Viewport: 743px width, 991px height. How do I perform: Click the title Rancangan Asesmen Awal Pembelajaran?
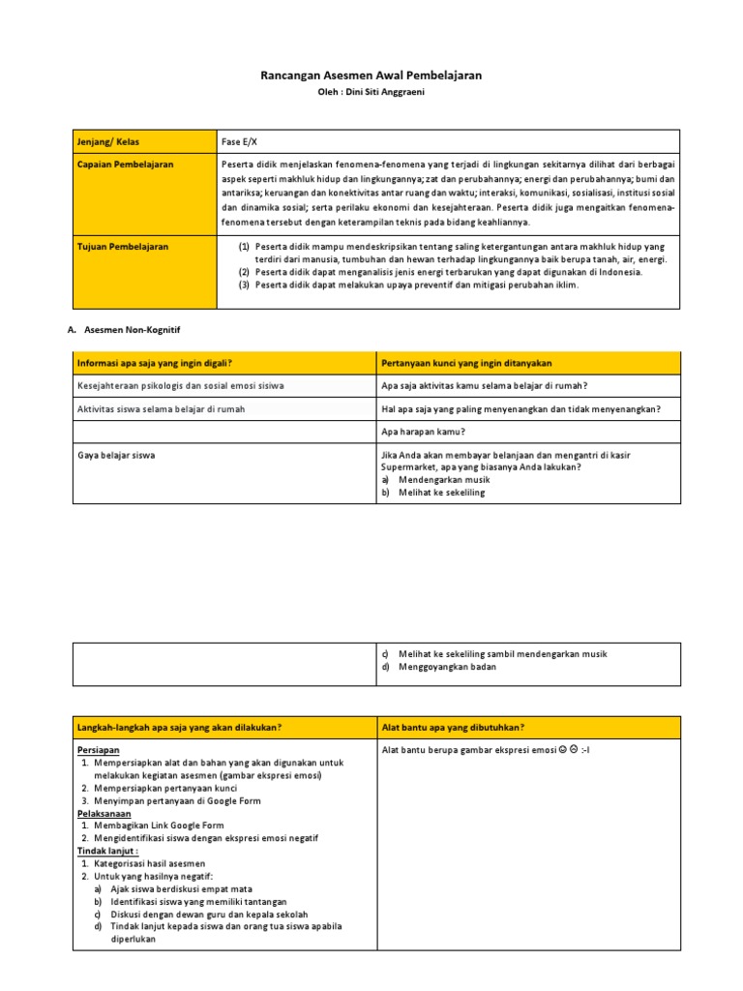pyautogui.click(x=371, y=75)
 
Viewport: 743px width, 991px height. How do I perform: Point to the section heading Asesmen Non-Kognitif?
pyautogui.click(x=134, y=330)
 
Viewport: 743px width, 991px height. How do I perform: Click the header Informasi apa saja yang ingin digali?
pyautogui.click(x=155, y=363)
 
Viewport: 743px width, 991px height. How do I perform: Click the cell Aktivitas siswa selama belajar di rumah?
pyautogui.click(x=161, y=409)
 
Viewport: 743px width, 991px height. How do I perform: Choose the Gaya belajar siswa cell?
pyautogui.click(x=116, y=454)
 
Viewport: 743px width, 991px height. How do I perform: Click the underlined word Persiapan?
pyautogui.click(x=98, y=750)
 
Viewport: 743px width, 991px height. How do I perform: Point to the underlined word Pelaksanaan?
pyautogui.click(x=104, y=813)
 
